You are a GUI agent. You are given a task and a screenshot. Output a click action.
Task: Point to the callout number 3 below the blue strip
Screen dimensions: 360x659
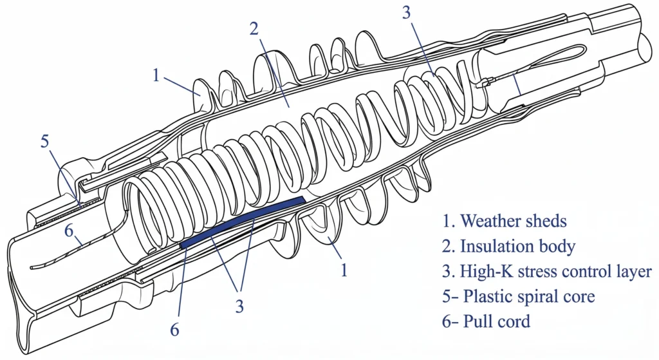239,307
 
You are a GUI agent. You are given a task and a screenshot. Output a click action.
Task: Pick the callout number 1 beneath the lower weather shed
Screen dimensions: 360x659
344,270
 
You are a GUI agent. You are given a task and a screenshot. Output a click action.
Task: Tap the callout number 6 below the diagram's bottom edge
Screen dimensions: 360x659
174,330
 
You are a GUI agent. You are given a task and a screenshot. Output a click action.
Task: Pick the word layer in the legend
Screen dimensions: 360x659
634,271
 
